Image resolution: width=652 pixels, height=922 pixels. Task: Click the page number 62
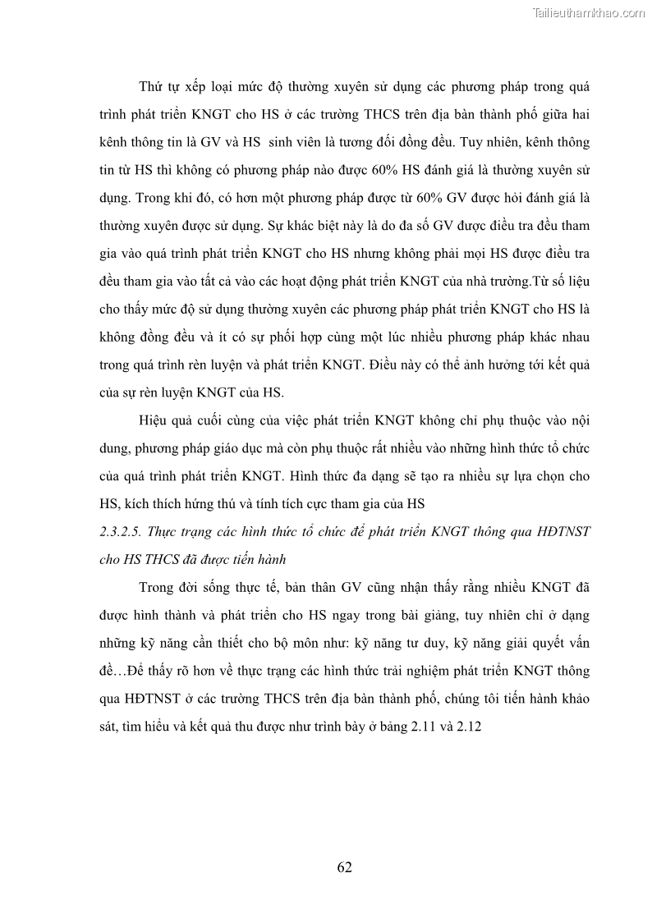coord(344,867)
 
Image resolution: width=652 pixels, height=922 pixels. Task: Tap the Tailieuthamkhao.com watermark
coord(589,12)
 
